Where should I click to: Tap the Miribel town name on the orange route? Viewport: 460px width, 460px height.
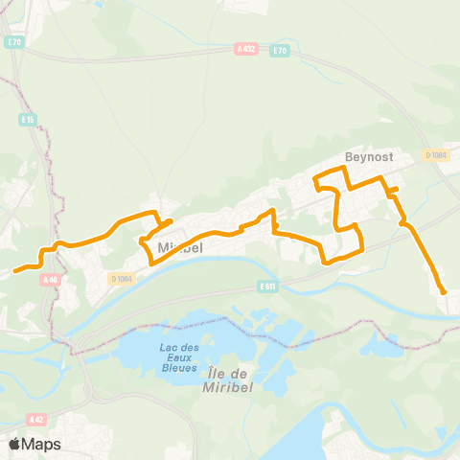(x=177, y=247)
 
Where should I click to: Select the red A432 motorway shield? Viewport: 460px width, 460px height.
(x=245, y=46)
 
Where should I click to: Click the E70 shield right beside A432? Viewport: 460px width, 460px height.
(x=279, y=50)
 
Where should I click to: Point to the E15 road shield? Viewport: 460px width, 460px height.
(x=29, y=120)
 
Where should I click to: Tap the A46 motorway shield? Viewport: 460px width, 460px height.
(x=51, y=280)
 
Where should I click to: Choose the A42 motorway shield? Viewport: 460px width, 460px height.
(x=36, y=419)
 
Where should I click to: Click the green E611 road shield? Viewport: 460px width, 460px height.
(x=267, y=286)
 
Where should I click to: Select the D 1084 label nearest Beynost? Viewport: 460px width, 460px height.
(x=437, y=155)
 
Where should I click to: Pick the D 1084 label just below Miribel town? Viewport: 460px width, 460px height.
(x=121, y=279)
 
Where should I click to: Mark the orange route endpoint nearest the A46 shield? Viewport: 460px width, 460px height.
(x=15, y=270)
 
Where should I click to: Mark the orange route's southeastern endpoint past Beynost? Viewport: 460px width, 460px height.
(x=444, y=292)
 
